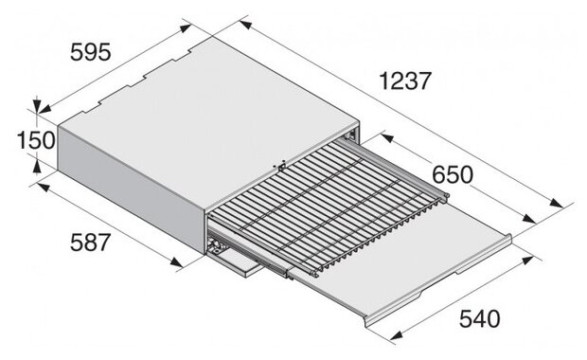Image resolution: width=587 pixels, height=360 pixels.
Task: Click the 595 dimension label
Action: (x=91, y=52)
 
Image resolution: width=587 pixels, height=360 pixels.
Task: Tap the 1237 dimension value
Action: (x=405, y=81)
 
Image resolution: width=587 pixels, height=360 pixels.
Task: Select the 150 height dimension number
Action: (x=36, y=141)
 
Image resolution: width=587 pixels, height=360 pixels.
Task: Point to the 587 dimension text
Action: (x=90, y=243)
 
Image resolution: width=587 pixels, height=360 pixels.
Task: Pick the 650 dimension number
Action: (x=453, y=174)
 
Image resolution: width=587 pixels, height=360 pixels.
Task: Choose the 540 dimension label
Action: (x=480, y=319)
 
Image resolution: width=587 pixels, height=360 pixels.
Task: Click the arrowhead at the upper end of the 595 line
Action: (x=186, y=28)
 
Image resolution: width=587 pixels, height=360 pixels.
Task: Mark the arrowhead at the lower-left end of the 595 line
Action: (x=44, y=109)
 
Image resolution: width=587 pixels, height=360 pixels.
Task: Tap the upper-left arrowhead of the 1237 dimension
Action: (x=245, y=25)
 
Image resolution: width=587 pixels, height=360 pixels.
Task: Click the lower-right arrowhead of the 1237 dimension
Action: (x=557, y=203)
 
